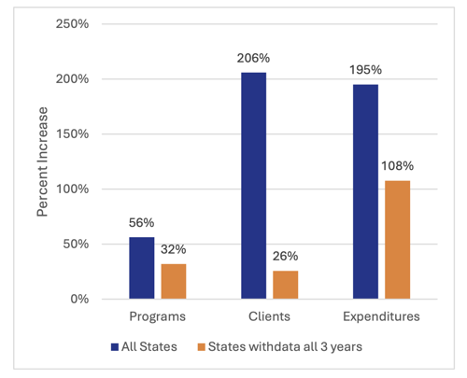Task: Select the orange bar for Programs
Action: (x=175, y=281)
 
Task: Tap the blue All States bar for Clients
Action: (x=252, y=186)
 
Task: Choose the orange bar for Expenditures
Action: (x=398, y=239)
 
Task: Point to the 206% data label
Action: (x=252, y=61)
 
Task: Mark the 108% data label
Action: (x=398, y=167)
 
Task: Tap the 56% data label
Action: (x=140, y=225)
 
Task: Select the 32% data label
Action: (x=175, y=251)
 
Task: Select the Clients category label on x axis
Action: (x=269, y=317)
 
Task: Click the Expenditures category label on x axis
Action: (x=381, y=317)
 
